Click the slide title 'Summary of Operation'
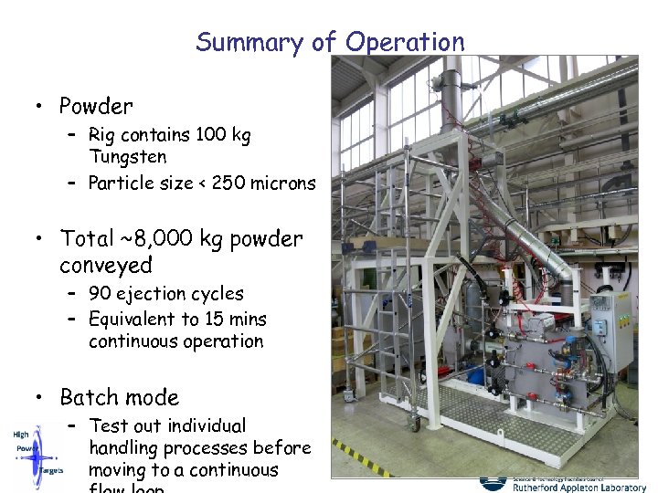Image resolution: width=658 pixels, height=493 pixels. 330,42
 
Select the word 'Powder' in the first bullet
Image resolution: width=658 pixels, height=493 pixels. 96,106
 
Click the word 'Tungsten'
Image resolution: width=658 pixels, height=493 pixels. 128,157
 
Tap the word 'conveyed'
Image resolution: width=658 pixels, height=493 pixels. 106,266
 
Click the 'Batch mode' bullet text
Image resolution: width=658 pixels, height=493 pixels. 119,398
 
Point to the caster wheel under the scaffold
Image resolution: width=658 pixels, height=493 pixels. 413,423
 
